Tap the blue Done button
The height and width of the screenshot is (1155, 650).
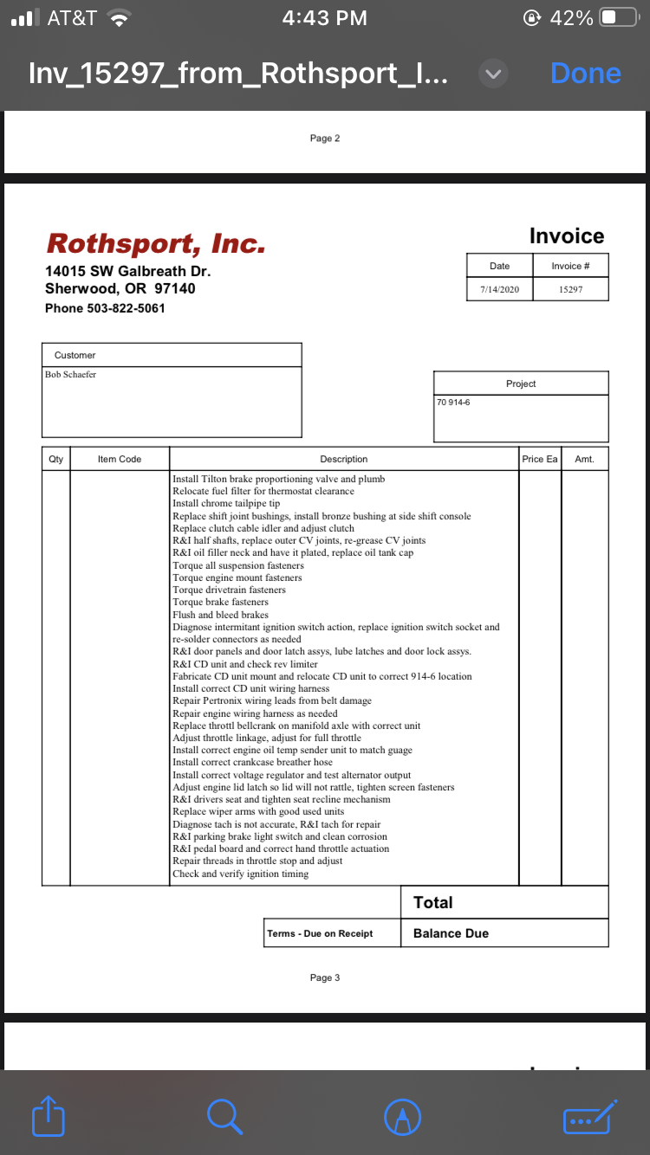coord(585,74)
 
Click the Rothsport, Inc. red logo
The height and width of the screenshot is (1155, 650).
coord(156,243)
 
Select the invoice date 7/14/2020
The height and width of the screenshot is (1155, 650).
coord(499,289)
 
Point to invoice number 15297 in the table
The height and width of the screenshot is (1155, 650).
coord(570,289)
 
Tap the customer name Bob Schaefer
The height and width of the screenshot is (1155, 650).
coord(70,374)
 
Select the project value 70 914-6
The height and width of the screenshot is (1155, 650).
coord(454,402)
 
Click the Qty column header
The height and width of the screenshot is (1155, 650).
coord(55,459)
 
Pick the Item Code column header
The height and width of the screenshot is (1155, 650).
coord(120,459)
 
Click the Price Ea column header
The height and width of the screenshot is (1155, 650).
coord(539,459)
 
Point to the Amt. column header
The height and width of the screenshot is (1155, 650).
coord(584,459)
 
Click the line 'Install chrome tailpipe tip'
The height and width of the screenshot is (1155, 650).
coord(226,503)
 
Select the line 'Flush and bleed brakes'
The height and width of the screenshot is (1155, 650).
coord(220,615)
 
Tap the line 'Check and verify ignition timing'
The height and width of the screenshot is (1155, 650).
coord(240,874)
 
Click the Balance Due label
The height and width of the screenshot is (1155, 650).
coord(451,933)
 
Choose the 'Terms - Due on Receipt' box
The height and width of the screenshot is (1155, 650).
coord(320,933)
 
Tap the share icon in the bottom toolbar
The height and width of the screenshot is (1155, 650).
coord(49,1116)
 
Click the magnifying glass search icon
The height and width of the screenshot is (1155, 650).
coord(224,1116)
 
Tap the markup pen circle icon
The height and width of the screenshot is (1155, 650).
coord(402,1117)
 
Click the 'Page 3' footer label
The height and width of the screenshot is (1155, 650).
coord(325,978)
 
